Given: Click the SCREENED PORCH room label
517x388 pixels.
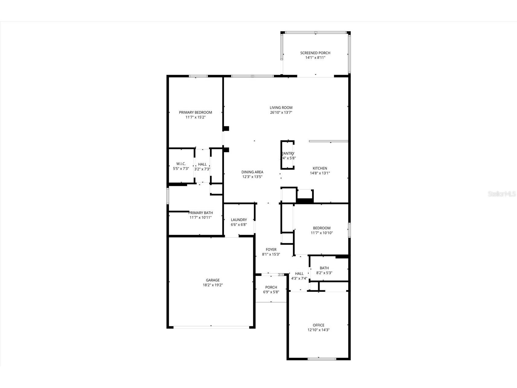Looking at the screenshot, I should pos(315,53).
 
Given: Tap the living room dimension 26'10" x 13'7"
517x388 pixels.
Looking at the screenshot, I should pos(281,113).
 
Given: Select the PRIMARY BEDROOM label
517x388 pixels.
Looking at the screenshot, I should pos(195,112).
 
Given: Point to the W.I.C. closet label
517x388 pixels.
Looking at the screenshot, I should pos(181,164).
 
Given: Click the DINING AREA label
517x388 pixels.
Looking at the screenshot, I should pos(252,172).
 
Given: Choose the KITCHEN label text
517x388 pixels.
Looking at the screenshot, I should pos(320,168).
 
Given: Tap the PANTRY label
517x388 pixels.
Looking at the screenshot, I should pos(288,153).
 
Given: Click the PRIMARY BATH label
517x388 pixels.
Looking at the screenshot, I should pos(200,213).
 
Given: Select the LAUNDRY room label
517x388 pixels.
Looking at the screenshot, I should pos(239,220).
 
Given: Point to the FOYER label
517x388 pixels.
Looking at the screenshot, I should pos(271,250).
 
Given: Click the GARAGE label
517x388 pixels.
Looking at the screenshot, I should pos(212,280).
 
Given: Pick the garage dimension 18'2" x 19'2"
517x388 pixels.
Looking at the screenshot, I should pos(212,285).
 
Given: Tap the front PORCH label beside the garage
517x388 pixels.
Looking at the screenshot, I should pos(271,287).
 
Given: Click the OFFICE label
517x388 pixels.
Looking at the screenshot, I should pos(318,325).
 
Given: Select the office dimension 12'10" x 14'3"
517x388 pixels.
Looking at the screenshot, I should pos(318,330).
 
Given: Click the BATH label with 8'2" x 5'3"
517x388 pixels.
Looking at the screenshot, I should pos(324,268).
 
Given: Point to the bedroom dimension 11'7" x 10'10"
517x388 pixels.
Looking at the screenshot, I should pos(321,233).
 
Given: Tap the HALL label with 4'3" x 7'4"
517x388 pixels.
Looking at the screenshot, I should pos(299,274).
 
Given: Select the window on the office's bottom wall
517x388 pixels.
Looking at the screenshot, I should pos(322,359).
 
